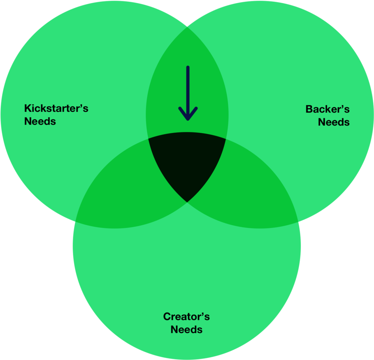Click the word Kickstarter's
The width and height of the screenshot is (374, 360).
click(56, 108)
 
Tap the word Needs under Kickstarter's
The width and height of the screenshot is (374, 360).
click(40, 121)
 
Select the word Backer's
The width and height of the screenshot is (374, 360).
click(328, 109)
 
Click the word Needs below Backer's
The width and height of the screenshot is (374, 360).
click(334, 122)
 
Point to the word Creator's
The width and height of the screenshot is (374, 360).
click(186, 316)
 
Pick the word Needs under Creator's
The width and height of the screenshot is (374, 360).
click(186, 329)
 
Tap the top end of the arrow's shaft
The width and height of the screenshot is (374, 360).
click(188, 67)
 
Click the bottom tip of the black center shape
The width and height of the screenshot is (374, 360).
click(187, 202)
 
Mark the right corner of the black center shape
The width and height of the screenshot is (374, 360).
click(226, 138)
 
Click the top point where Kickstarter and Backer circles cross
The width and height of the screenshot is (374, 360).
click(187, 28)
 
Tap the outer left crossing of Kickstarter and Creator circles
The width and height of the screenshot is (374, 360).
click(75, 221)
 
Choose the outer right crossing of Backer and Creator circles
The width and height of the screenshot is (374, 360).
click(298, 222)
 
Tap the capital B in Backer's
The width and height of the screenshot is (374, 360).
click(309, 109)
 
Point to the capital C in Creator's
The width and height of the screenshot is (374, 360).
click(167, 316)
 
